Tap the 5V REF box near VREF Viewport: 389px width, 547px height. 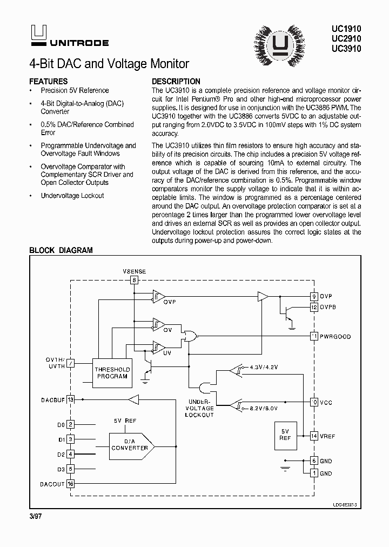pyautogui.click(x=285, y=435)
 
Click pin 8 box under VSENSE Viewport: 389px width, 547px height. pyautogui.click(x=135, y=280)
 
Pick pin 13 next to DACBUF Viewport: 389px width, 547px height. pyautogui.click(x=70, y=399)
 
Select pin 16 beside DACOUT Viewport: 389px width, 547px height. pyautogui.click(x=70, y=484)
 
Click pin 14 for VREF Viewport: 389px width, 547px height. pyautogui.click(x=314, y=436)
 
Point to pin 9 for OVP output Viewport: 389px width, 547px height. pyautogui.click(x=314, y=296)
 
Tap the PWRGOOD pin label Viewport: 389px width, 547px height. pyautogui.click(x=335, y=337)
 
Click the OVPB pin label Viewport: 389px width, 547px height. pyautogui.click(x=328, y=307)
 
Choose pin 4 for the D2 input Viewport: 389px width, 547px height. pyautogui.click(x=70, y=455)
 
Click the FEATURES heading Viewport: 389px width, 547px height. pyautogui.click(x=48, y=81)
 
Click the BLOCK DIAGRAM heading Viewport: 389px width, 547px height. pyautogui.click(x=61, y=250)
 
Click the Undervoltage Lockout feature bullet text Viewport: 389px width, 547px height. pyautogui.click(x=72, y=196)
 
